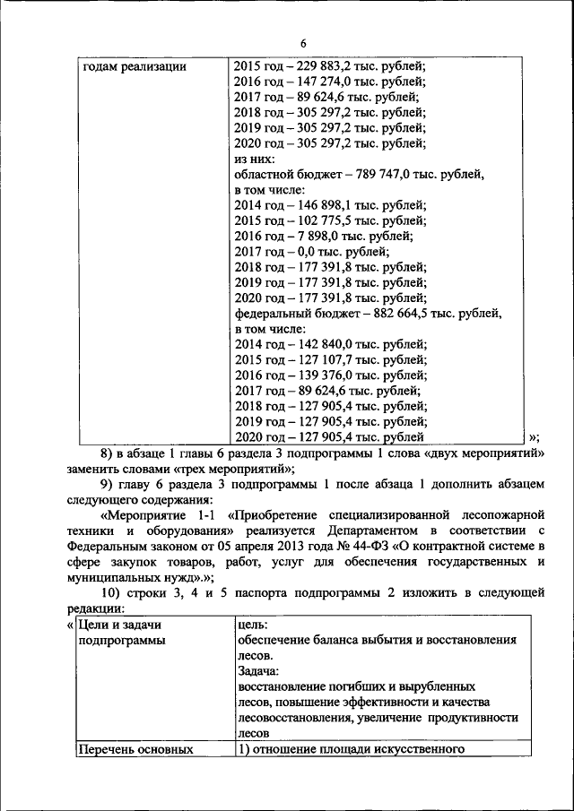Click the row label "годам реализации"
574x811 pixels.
coord(134,66)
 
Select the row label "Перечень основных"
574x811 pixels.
coord(136,749)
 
